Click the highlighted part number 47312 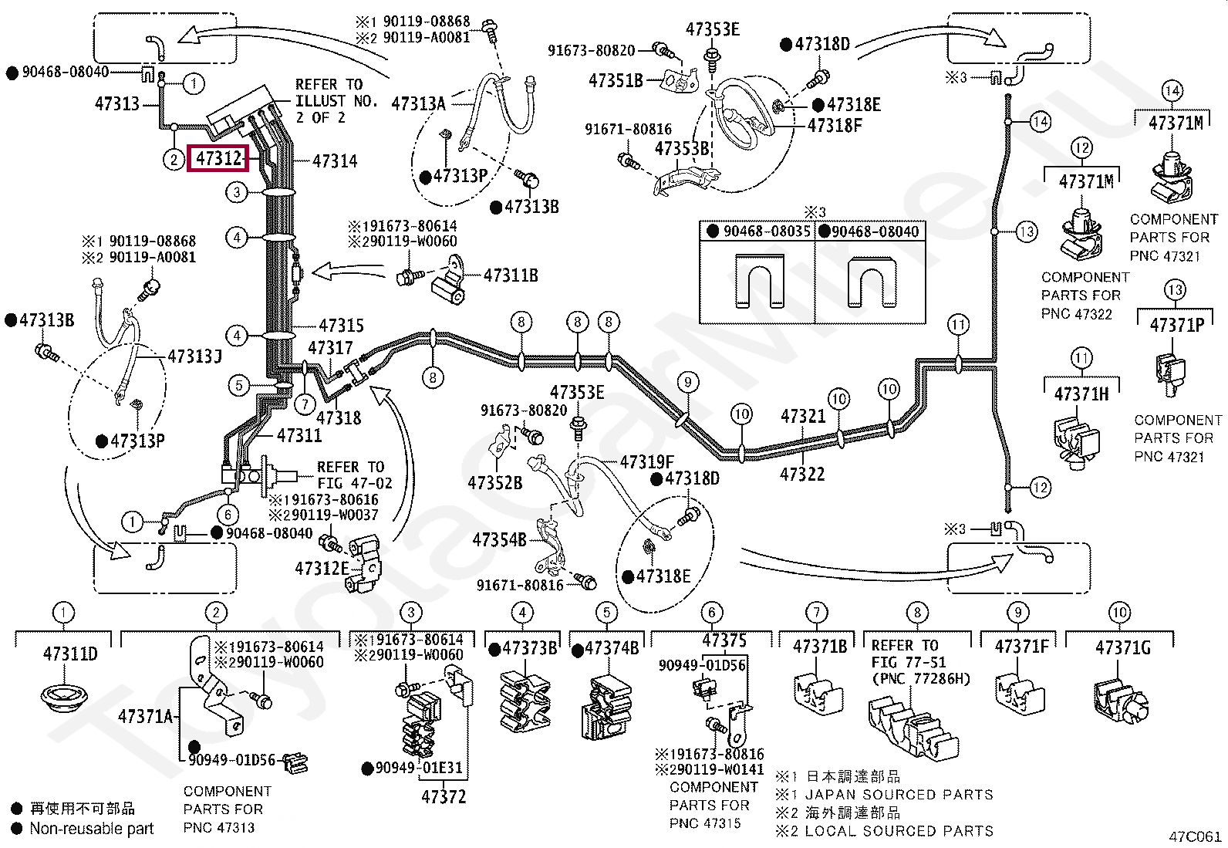click(218, 158)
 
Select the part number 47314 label click(335, 161)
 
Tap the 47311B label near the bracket click(511, 275)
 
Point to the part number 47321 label click(802, 416)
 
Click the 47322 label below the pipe click(802, 474)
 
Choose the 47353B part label click(682, 149)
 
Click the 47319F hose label click(647, 462)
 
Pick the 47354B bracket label click(499, 539)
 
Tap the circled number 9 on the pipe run click(687, 382)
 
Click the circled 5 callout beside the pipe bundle click(238, 386)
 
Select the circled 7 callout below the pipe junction click(305, 405)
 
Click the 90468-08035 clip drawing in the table click(759, 281)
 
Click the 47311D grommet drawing click(63, 699)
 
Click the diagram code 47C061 click(1195, 836)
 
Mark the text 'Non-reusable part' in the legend click(92, 828)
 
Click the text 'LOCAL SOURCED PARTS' click(899, 831)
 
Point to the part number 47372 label click(444, 796)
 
